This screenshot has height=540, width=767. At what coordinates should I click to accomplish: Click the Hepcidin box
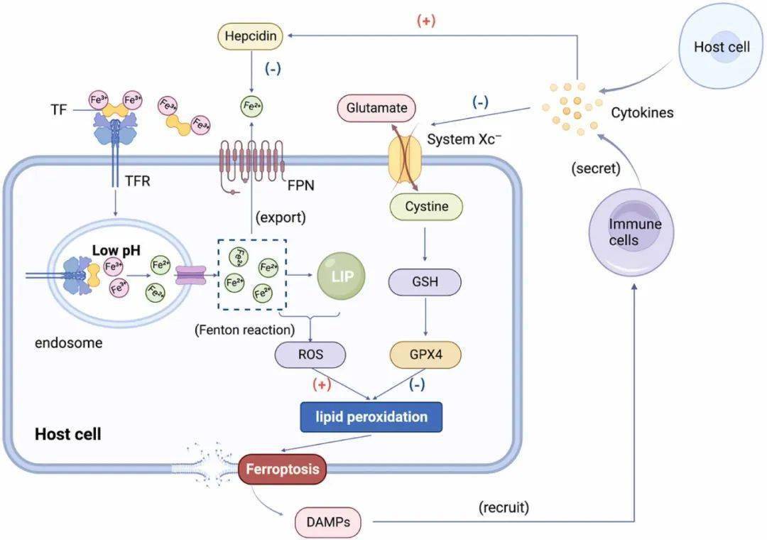250,35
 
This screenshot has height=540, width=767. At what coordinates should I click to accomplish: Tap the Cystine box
426,207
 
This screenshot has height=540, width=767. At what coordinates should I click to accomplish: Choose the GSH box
425,281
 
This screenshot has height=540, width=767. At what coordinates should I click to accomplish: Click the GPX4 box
425,353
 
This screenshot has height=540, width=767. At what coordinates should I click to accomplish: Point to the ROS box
311,353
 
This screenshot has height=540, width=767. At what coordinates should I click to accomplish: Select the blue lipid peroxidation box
371,416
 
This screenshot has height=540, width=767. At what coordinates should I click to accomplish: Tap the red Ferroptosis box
283,469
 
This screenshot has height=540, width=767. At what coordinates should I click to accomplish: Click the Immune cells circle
634,232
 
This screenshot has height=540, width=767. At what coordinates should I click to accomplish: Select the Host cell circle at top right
722,48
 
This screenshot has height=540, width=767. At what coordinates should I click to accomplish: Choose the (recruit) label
504,507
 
